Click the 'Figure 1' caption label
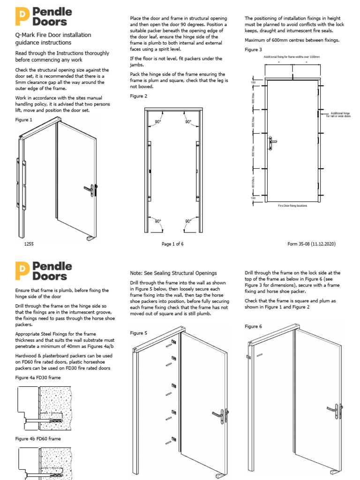(24, 120)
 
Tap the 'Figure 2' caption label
(138, 96)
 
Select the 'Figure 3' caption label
(253, 50)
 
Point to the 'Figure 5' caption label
(138, 333)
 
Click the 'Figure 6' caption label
(253, 326)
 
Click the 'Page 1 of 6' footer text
(172, 244)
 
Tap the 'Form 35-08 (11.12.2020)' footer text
(311, 244)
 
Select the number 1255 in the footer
(29, 244)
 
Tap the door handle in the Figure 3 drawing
(273, 141)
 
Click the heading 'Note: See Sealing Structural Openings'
(173, 273)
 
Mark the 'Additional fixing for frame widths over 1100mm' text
(292, 57)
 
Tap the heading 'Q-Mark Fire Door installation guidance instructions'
(53, 38)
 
